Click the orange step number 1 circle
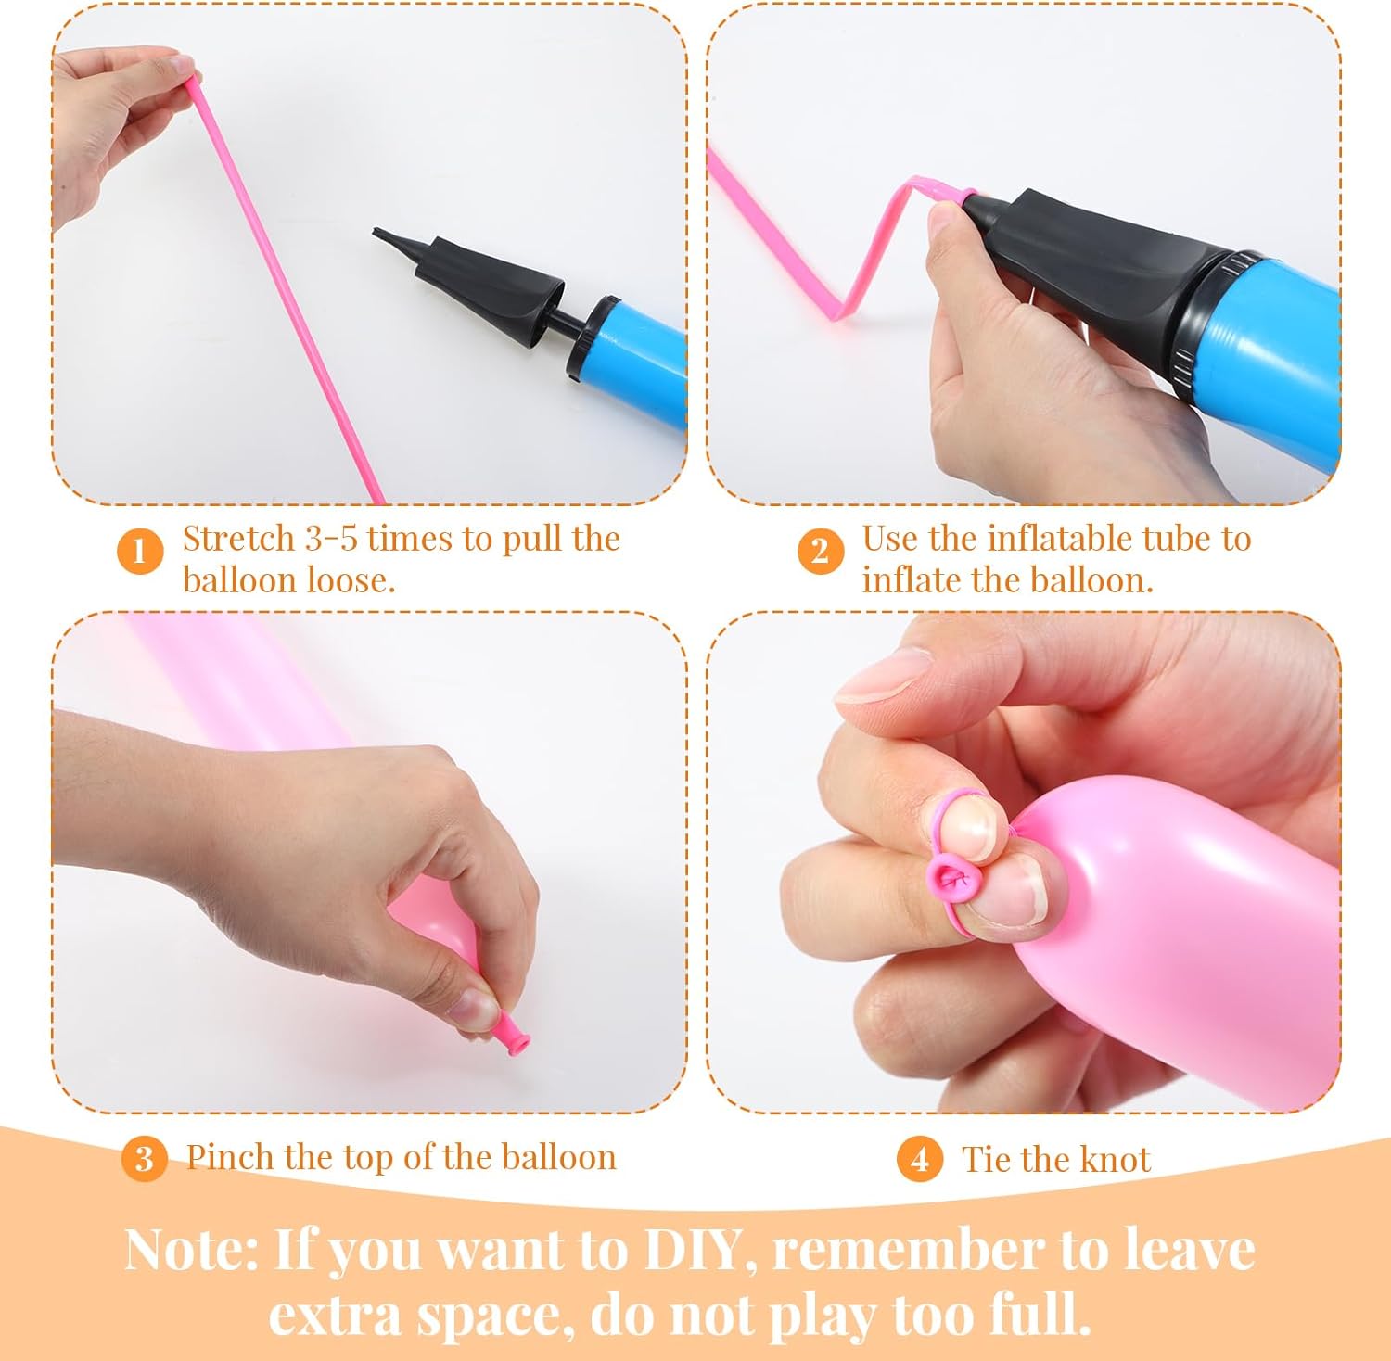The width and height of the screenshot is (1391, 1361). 140,551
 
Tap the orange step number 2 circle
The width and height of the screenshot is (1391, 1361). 821,551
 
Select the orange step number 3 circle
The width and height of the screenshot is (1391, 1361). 144,1159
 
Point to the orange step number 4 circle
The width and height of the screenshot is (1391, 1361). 920,1159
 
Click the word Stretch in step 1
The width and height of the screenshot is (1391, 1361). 237,539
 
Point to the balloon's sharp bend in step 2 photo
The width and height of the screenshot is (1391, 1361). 847,312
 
